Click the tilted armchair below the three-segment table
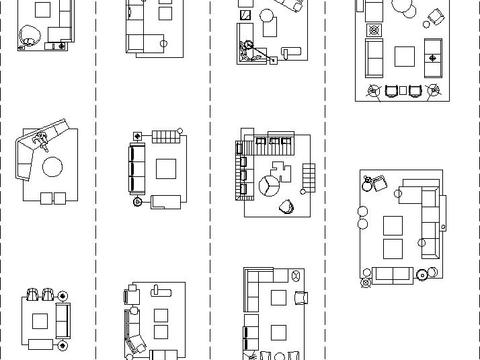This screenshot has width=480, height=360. pos(287,206)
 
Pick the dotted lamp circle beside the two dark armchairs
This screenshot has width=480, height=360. pos(63,295)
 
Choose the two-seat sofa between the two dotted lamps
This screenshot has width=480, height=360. pos(391,273)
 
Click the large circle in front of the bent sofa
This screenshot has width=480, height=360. pos(50,164)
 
